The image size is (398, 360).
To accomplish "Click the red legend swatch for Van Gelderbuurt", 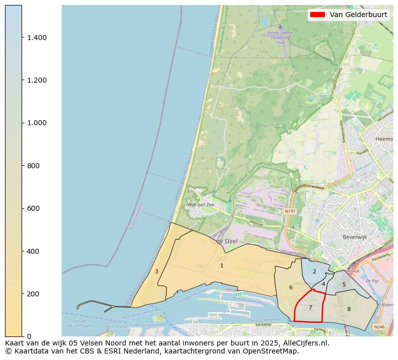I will pyautogui.click(x=317, y=15).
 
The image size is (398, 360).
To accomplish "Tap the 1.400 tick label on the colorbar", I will pyautogui.click(x=37, y=38).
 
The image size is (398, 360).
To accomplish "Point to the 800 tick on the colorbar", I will pyautogui.click(x=33, y=166).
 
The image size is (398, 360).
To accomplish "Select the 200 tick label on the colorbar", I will pyautogui.click(x=33, y=294).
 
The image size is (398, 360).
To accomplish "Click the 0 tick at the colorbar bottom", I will pyautogui.click(x=28, y=336).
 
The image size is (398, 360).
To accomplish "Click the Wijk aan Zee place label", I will pyautogui.click(x=201, y=205).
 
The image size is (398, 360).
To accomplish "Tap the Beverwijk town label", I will pyautogui.click(x=355, y=237).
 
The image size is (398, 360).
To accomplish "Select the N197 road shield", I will pyautogui.click(x=290, y=211).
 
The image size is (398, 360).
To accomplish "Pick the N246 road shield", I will pyautogui.click(x=379, y=327).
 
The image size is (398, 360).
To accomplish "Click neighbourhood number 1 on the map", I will pyautogui.click(x=222, y=265).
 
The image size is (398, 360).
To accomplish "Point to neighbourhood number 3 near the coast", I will pyautogui.click(x=156, y=271).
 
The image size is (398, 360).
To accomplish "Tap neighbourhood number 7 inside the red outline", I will pyautogui.click(x=310, y=307).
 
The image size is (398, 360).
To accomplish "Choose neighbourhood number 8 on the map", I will pyautogui.click(x=349, y=309).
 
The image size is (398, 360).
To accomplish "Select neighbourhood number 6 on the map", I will pyautogui.click(x=291, y=287).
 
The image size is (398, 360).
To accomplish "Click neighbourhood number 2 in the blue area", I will pyautogui.click(x=314, y=271).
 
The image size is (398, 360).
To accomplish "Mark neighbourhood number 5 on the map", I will pyautogui.click(x=344, y=284).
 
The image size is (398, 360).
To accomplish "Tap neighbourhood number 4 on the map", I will pyautogui.click(x=323, y=284).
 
